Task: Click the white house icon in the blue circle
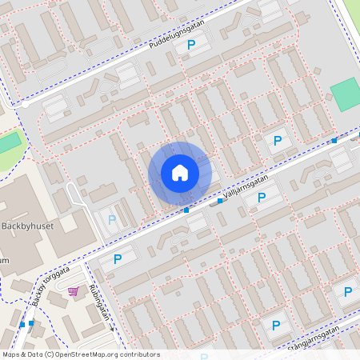tap(179, 173)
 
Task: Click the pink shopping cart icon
tap(73, 291)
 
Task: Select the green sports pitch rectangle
tap(346, 95)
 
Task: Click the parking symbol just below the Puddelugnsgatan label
tap(191, 46)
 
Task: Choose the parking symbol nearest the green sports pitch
tap(277, 141)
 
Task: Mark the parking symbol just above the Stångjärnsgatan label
tap(276, 326)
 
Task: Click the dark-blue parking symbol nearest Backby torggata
tap(118, 258)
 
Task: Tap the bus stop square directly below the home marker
tap(186, 210)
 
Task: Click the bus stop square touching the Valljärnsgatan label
tap(220, 201)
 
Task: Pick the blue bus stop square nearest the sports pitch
tap(334, 141)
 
